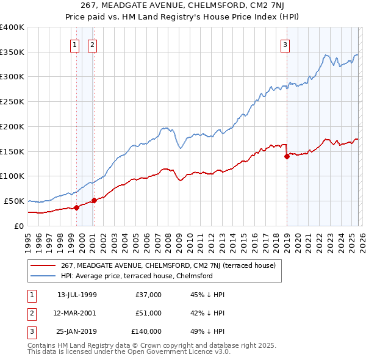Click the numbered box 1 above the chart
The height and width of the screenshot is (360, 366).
click(74, 44)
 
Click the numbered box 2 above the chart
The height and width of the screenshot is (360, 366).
click(92, 44)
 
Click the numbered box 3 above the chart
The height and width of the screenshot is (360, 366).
click(285, 44)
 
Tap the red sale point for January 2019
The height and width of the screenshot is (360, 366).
click(287, 156)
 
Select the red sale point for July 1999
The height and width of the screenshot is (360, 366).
click(76, 207)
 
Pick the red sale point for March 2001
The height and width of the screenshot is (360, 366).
click(94, 200)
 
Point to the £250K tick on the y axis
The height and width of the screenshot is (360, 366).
click(12, 101)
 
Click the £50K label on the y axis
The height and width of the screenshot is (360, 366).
click(12, 201)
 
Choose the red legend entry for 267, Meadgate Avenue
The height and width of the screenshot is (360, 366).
click(168, 265)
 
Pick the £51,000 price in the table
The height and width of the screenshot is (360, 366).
click(149, 313)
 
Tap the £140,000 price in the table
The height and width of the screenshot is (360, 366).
click(147, 331)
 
